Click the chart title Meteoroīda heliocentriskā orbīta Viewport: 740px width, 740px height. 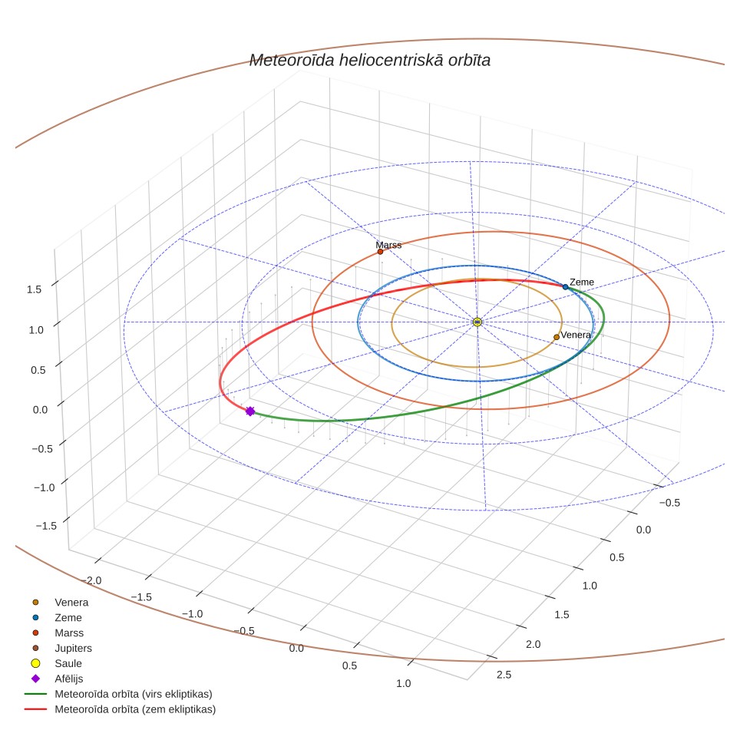[370, 61]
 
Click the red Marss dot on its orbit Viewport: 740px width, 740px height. [381, 252]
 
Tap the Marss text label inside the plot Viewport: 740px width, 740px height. [388, 245]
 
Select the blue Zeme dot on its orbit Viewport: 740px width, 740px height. [566, 287]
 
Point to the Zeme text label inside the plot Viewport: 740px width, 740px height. [582, 282]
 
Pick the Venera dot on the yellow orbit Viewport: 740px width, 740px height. [557, 337]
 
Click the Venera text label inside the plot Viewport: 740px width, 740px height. [576, 335]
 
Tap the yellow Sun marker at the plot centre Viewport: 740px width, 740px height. [477, 322]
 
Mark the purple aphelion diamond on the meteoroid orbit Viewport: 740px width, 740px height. [250, 411]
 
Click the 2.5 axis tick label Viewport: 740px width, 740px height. [504, 675]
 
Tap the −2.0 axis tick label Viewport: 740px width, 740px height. [91, 580]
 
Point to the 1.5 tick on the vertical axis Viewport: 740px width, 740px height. [34, 289]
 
